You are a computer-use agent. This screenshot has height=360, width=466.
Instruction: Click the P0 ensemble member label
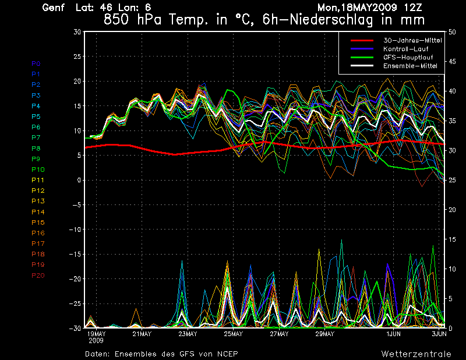36,63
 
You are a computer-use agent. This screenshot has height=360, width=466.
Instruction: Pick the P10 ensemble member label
38,170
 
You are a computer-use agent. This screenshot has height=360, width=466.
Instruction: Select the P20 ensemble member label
38,276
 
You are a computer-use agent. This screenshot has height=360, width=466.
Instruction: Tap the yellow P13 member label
38,201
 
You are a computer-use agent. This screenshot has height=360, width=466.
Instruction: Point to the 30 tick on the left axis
76,32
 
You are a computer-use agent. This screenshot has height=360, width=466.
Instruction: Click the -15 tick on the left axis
74,254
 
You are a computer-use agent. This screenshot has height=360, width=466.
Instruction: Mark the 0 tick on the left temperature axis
78,180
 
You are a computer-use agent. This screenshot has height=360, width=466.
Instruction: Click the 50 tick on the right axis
449,32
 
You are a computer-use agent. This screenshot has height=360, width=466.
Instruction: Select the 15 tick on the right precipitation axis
449,239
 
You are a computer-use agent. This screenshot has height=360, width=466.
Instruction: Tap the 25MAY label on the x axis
233,334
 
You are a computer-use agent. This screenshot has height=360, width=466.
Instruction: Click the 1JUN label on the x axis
394,334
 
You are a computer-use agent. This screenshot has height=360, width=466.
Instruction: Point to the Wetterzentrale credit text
416,354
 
